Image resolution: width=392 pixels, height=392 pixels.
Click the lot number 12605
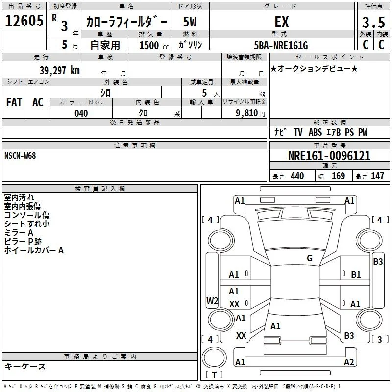click(x=24, y=21)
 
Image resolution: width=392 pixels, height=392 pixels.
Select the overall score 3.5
click(x=373, y=22)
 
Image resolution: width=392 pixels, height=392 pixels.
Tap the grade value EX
click(x=282, y=22)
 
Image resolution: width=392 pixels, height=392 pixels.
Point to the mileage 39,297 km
click(x=60, y=71)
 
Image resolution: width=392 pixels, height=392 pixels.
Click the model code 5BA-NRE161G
click(x=281, y=45)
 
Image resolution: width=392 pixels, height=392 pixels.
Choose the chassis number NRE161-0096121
click(x=329, y=156)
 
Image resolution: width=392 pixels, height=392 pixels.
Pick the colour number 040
click(x=81, y=113)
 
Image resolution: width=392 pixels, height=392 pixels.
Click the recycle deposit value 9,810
click(x=247, y=113)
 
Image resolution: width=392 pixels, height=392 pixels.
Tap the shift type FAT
click(x=14, y=102)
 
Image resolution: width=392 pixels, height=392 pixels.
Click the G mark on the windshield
click(x=310, y=258)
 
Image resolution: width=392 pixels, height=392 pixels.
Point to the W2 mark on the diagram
click(x=212, y=300)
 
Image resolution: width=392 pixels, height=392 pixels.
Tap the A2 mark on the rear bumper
click(x=349, y=362)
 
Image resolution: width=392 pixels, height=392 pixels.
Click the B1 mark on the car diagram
click(x=356, y=275)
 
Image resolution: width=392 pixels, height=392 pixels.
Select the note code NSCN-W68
click(x=20, y=156)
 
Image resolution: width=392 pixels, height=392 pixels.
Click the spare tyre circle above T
click(x=214, y=358)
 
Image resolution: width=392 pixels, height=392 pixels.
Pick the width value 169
click(x=338, y=176)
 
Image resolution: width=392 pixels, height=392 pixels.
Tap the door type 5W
click(x=190, y=22)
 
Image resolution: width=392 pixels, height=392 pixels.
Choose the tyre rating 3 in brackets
click(x=379, y=339)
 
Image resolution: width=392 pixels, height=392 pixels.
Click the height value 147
click(x=377, y=176)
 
